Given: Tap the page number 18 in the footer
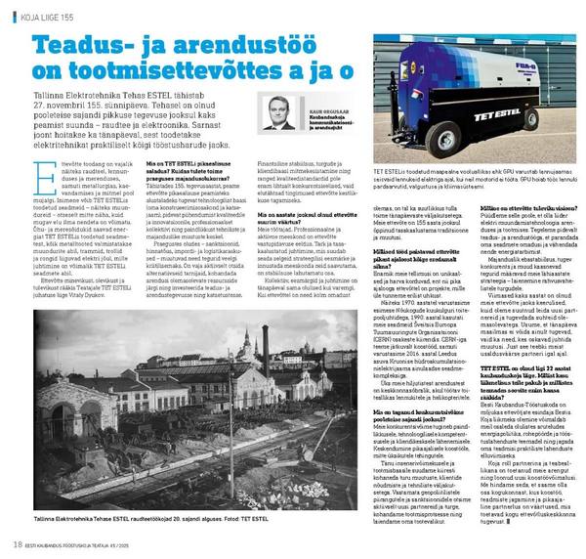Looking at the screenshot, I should click(x=18, y=543).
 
